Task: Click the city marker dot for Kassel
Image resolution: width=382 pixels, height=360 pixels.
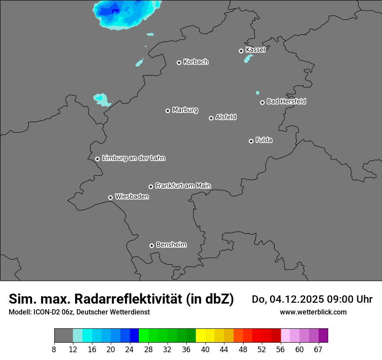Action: [241, 51]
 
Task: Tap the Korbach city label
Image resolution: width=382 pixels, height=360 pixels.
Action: [196, 62]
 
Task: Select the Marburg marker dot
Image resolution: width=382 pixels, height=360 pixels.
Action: [168, 111]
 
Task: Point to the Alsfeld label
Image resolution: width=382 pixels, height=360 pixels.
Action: [226, 117]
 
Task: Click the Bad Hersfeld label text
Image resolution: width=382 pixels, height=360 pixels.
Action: [286, 101]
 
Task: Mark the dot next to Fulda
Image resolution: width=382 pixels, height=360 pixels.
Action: [251, 141]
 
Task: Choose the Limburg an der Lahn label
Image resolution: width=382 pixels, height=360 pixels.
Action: [133, 158]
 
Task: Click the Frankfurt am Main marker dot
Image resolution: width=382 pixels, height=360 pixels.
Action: [151, 187]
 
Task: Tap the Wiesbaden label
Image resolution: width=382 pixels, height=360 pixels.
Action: [132, 196]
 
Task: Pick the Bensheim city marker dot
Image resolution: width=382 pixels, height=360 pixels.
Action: [151, 245]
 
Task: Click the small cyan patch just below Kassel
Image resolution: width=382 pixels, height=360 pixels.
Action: [249, 58]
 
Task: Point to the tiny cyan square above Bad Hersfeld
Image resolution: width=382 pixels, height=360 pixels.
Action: [257, 92]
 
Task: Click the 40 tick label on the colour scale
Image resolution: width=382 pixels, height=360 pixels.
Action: [205, 350]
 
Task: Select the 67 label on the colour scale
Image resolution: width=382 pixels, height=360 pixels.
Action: [318, 350]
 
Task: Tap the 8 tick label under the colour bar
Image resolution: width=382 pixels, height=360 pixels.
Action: [54, 350]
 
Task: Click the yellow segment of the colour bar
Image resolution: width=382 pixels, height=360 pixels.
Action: [200, 336]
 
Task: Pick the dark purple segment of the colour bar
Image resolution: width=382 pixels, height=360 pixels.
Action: [323, 336]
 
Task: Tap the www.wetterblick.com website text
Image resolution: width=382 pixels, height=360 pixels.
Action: [313, 312]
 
